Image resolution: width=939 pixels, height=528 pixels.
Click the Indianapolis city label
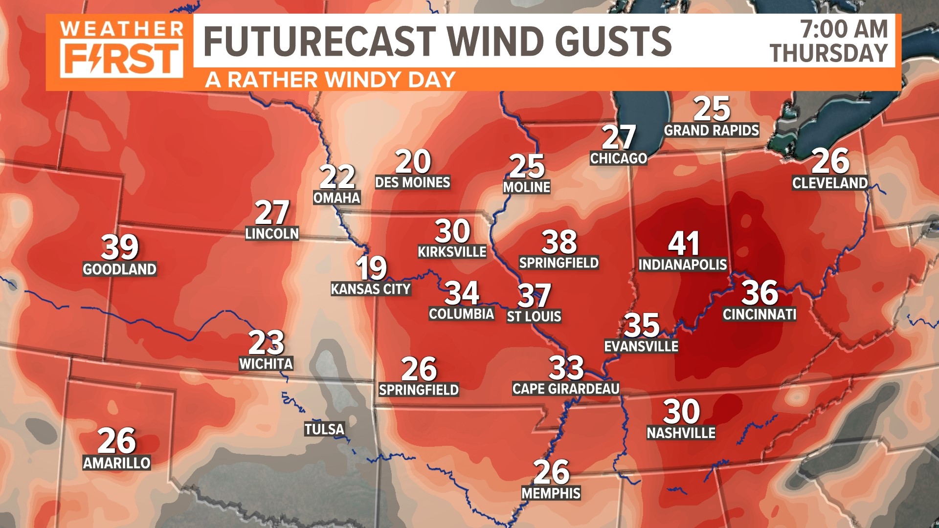683,264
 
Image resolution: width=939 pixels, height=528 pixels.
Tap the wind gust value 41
684,243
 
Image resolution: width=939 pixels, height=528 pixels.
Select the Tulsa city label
325,429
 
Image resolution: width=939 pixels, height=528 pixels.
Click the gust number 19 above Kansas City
372,267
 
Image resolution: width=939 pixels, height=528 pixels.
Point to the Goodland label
120,269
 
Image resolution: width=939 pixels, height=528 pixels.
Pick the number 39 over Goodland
120,247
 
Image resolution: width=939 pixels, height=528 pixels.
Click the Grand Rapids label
712,130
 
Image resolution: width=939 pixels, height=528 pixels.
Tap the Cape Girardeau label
566,389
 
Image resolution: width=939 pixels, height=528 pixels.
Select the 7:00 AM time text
844,29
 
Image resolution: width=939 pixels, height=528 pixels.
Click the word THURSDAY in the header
828,53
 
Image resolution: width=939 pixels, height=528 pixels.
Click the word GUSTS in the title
614,41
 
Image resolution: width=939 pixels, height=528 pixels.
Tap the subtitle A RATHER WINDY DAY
330,80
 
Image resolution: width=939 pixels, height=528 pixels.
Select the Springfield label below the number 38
559,263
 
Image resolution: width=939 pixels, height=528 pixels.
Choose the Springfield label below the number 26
419,390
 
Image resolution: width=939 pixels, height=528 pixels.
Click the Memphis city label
551,493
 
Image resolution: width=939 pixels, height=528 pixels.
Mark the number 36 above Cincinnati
760,293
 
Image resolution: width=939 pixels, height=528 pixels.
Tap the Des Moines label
412,182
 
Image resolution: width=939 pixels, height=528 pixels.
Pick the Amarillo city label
116,463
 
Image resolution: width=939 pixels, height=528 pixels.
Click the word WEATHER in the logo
122,29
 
